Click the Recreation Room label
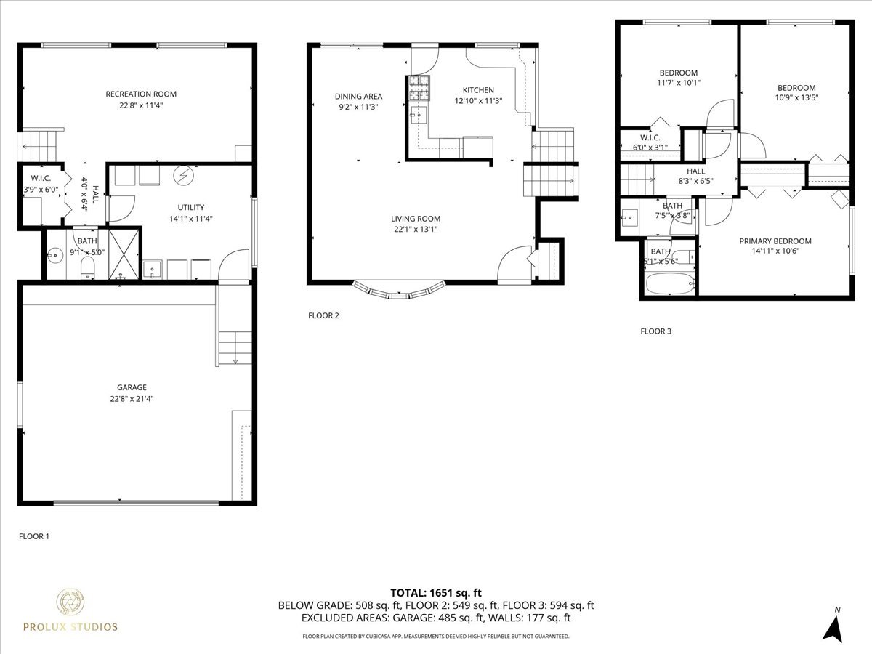(141, 94)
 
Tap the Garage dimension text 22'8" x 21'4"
(132, 399)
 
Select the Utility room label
(191, 207)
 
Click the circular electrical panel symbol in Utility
(184, 175)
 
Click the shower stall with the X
(124, 254)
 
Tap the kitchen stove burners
(419, 87)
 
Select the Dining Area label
(359, 97)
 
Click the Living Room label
(416, 219)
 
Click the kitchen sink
(419, 115)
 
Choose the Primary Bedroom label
(775, 241)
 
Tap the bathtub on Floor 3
(670, 283)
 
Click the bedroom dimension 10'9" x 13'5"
(796, 97)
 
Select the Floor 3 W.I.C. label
(650, 138)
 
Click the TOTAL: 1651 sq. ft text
(436, 593)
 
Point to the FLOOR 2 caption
(323, 315)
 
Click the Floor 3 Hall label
(695, 171)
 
